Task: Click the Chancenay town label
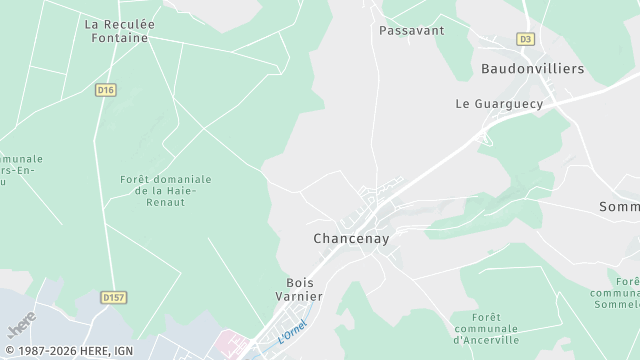point(351,239)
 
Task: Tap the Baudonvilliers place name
point(532,69)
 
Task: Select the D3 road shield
point(526,39)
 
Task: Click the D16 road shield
point(106,90)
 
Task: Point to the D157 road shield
point(116,297)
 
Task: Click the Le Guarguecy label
point(499,103)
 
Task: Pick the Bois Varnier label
point(300,289)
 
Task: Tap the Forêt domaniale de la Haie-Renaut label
point(166,190)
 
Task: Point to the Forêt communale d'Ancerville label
point(485,328)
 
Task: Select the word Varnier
point(300,296)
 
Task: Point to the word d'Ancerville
point(485,339)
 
